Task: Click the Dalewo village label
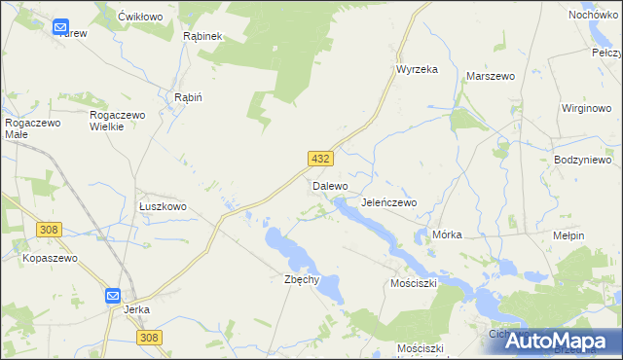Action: click(x=329, y=185)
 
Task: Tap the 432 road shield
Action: click(x=321, y=159)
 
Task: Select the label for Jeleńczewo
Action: click(x=388, y=202)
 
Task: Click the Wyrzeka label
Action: click(x=417, y=69)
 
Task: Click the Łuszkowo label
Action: click(x=163, y=207)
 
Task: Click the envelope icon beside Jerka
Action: click(x=113, y=296)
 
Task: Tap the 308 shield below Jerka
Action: click(x=148, y=337)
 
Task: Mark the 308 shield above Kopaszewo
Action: click(x=50, y=230)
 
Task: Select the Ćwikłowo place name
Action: click(x=138, y=18)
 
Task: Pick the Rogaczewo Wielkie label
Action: click(x=118, y=122)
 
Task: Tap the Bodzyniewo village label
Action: click(x=581, y=160)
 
